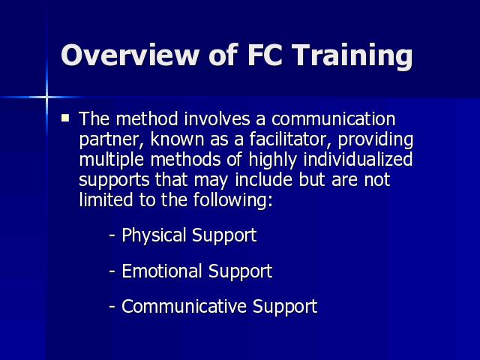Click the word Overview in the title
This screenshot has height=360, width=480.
click(130, 55)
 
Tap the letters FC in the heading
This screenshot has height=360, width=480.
click(264, 55)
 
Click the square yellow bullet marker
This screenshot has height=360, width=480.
click(65, 118)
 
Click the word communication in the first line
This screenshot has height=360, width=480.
click(333, 118)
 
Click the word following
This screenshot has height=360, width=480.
click(232, 201)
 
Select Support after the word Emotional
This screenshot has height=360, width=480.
click(240, 272)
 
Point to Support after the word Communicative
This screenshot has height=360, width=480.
click(285, 307)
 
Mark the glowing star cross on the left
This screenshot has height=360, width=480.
click(46, 97)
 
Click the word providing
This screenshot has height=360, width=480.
click(376, 140)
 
